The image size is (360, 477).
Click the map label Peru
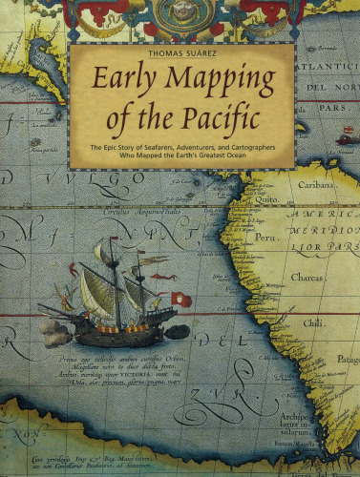point(265,234)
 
